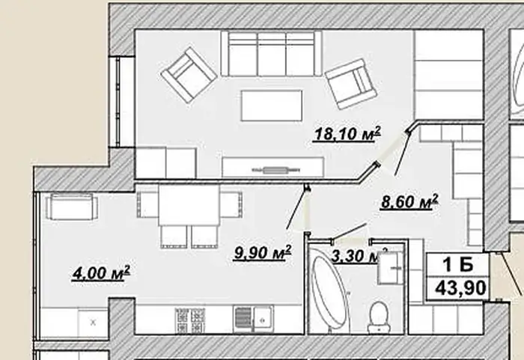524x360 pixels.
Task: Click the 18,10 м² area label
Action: tap(347, 134)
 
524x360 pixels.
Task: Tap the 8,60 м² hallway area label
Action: tap(409, 202)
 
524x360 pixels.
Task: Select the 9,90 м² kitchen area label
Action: tap(263, 252)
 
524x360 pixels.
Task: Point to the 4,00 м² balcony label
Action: tap(101, 273)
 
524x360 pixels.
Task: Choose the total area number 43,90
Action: tap(460, 288)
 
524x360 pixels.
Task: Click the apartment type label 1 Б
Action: tap(458, 265)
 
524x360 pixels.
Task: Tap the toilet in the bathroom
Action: tap(379, 317)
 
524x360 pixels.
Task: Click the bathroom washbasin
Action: tap(390, 268)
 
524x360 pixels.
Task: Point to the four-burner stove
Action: tap(190, 320)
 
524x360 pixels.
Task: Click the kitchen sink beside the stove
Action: tap(254, 320)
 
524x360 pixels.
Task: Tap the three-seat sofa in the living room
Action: tap(271, 54)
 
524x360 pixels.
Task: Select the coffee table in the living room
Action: tap(272, 106)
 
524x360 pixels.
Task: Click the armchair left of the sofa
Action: tap(189, 75)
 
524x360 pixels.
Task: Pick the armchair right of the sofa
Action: tap(350, 84)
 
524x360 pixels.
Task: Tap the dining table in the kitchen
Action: tap(189, 205)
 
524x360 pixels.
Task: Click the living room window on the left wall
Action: tap(118, 102)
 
